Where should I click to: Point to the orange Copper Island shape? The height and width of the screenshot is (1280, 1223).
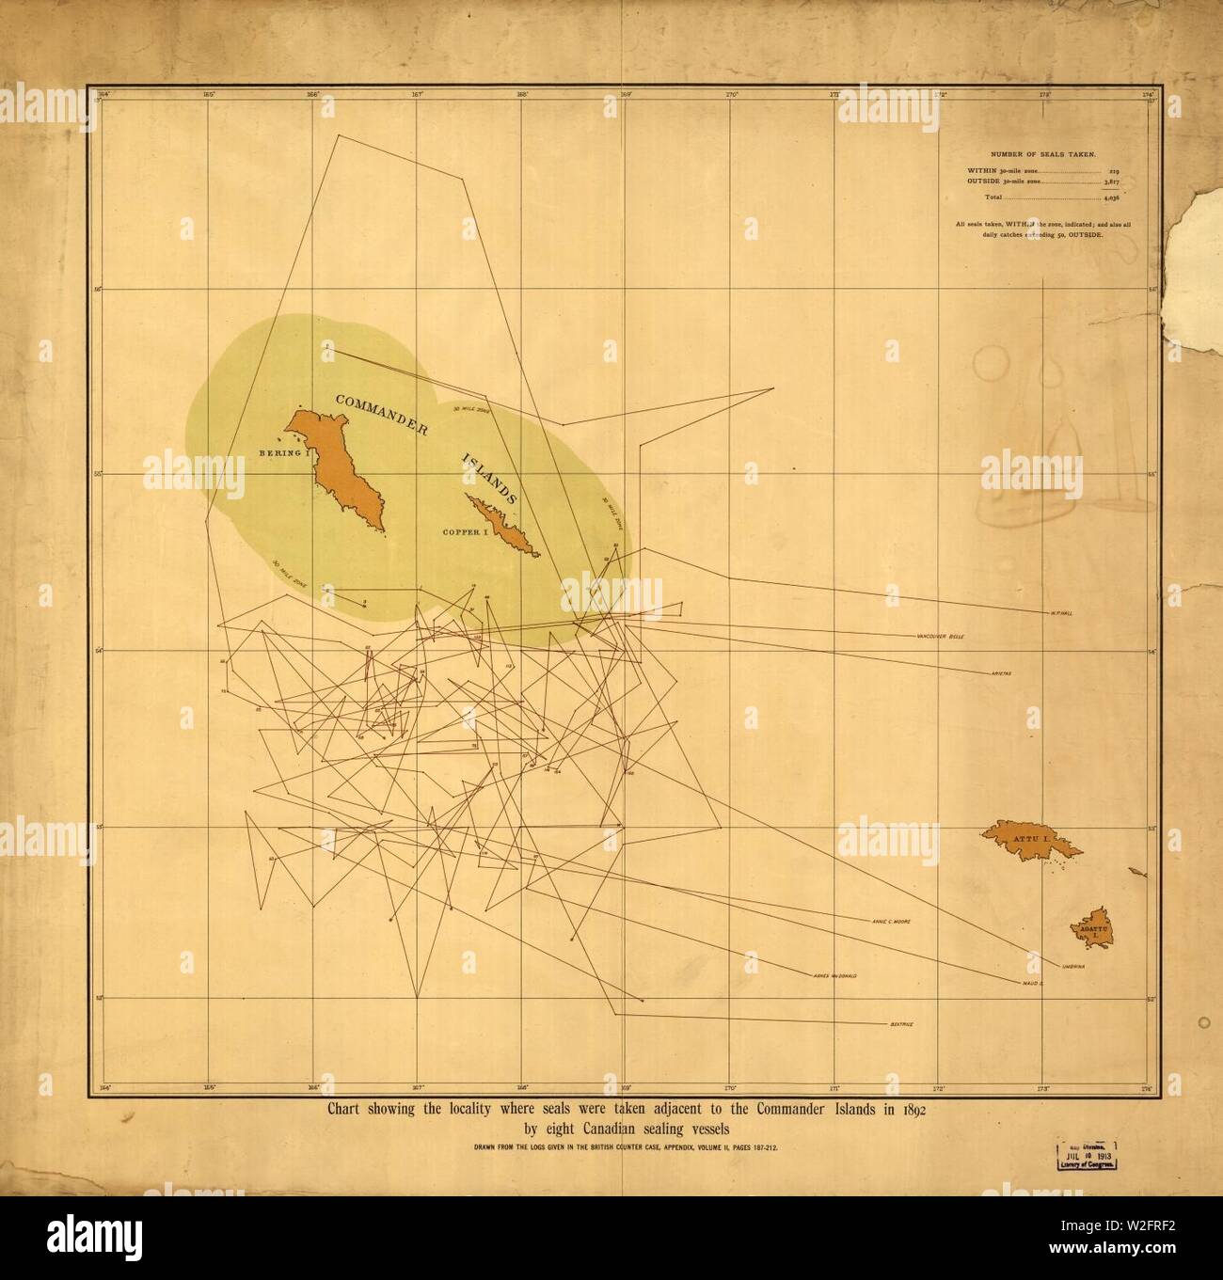[x=505, y=527]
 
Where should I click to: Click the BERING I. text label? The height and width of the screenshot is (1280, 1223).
[x=284, y=453]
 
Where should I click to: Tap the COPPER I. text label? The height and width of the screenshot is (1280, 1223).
[x=468, y=532]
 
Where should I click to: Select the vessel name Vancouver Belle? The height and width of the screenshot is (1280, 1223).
[x=938, y=637]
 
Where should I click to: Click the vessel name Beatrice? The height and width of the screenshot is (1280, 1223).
[x=900, y=1022]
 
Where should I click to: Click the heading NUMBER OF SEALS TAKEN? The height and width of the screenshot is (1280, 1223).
[x=1042, y=151]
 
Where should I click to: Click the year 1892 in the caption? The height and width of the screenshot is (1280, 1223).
[x=911, y=1110]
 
